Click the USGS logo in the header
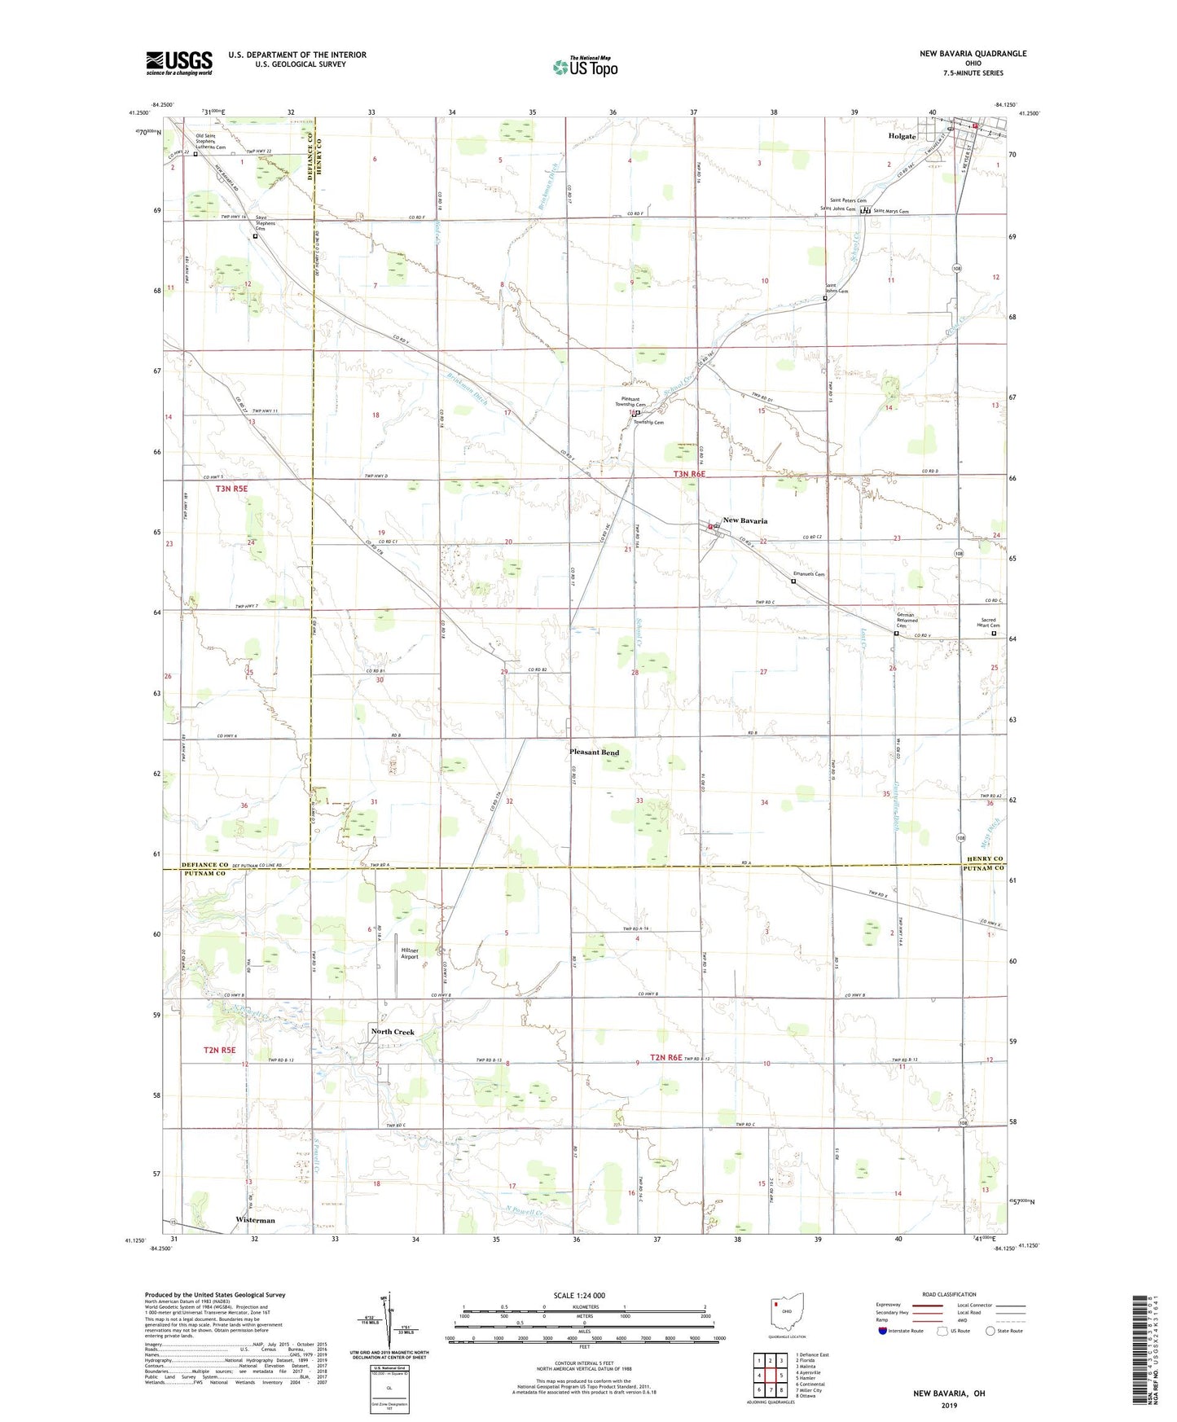pos(179,63)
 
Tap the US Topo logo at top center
pos(585,67)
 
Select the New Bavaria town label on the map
pos(744,520)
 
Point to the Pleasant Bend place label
pos(594,753)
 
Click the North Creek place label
pos(393,1032)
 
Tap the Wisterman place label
pos(255,1220)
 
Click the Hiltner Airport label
pos(410,954)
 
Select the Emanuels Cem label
pos(810,574)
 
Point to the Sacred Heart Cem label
pos(989,623)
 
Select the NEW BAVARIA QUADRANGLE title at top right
pos(973,54)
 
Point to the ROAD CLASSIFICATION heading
pos(949,1294)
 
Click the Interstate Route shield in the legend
pos(883,1331)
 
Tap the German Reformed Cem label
pos(906,620)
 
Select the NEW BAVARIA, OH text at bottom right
pos(949,1393)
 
